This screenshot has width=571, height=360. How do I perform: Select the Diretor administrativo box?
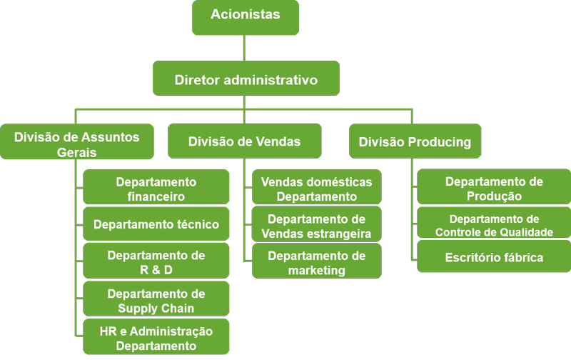246,79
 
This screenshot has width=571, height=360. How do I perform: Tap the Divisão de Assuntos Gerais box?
76,141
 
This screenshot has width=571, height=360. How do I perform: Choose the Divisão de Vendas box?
244,141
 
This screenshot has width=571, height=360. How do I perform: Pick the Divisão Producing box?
415,141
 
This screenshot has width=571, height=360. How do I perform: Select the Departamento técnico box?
156,224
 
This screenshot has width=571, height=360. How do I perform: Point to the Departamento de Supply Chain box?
156,299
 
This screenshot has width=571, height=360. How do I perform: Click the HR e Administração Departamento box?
156,337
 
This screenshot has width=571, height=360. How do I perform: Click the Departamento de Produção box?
494,187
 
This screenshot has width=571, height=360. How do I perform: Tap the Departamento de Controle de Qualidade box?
494,224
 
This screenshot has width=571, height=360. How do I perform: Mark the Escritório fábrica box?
494,257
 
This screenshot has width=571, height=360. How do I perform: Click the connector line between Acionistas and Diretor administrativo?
245,48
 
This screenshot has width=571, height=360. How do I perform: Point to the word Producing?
439,141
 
